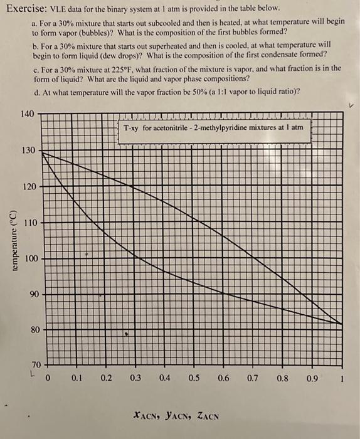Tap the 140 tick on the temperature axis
click(x=26, y=114)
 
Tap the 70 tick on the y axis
click(x=36, y=364)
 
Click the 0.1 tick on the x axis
click(x=77, y=378)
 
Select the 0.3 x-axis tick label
click(x=135, y=378)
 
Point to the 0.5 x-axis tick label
click(x=194, y=378)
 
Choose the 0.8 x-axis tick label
click(x=282, y=378)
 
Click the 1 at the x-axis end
click(x=341, y=378)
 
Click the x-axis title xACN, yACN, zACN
click(x=175, y=415)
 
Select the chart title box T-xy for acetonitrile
click(x=213, y=127)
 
